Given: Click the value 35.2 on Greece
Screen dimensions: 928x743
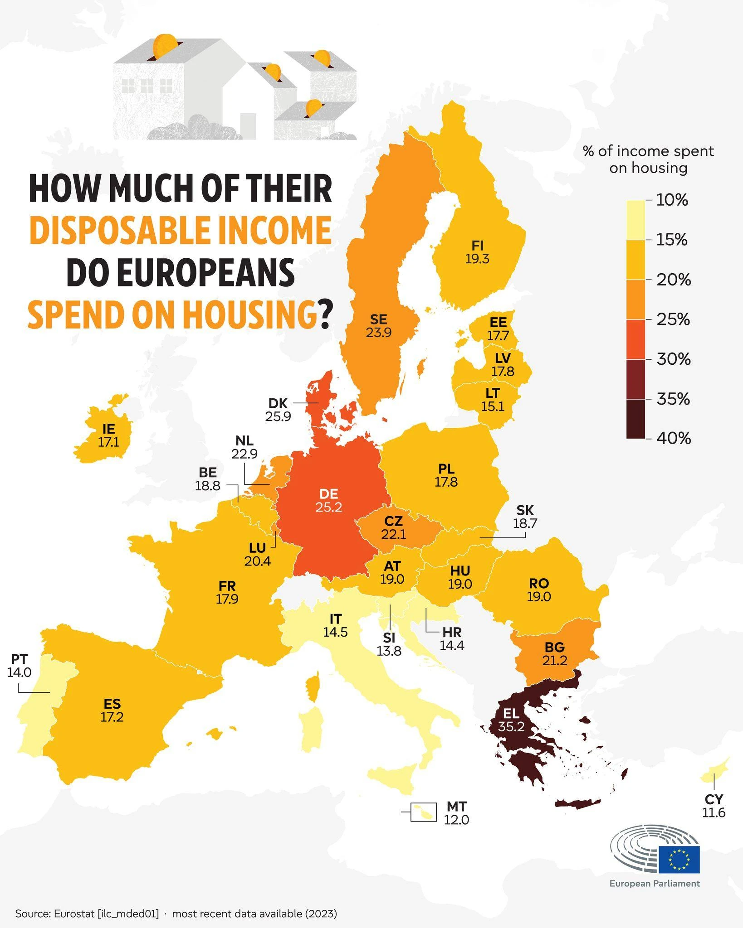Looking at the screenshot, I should pos(511,727).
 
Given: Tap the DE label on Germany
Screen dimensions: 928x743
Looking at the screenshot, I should pos(329,493).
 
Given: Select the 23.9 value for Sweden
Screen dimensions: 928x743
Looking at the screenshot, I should pos(378,333).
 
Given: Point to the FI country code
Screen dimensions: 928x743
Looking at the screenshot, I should pos(477,246).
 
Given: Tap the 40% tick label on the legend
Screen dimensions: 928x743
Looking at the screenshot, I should pos(674,438).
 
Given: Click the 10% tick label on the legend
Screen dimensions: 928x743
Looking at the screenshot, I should pos(672,200).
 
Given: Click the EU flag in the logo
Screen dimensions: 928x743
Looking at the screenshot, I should pos(679,859).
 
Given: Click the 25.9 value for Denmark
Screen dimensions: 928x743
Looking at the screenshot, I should pos(278,416).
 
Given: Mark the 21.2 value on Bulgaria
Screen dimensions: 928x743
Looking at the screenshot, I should pos(554,660).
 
